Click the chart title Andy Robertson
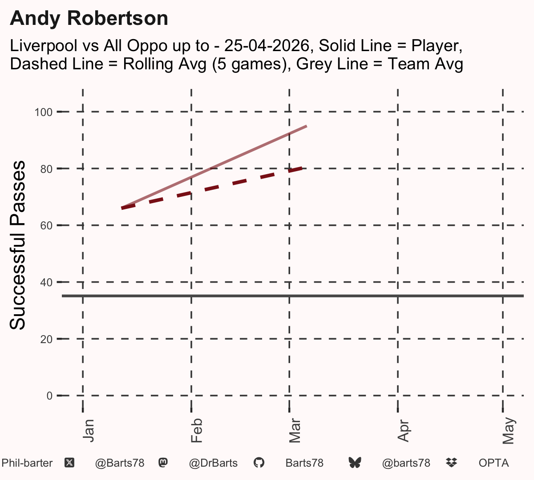click(x=89, y=19)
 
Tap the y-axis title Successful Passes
click(x=17, y=245)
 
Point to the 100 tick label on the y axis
click(x=44, y=112)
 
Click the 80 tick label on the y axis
click(x=46, y=169)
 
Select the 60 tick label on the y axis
click(x=46, y=226)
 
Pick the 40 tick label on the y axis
click(x=46, y=282)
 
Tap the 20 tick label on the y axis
click(x=46, y=339)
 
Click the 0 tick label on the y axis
click(x=49, y=396)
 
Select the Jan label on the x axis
click(x=89, y=431)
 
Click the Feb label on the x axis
click(x=197, y=431)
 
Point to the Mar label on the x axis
click(x=295, y=431)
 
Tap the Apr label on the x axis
click(x=403, y=431)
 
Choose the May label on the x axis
click(x=509, y=431)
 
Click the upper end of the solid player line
click(x=307, y=126)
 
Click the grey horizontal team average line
click(x=293, y=296)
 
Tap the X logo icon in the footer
click(x=69, y=463)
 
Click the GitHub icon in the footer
click(x=259, y=463)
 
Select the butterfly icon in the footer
click(x=355, y=463)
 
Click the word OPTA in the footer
click(x=494, y=463)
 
